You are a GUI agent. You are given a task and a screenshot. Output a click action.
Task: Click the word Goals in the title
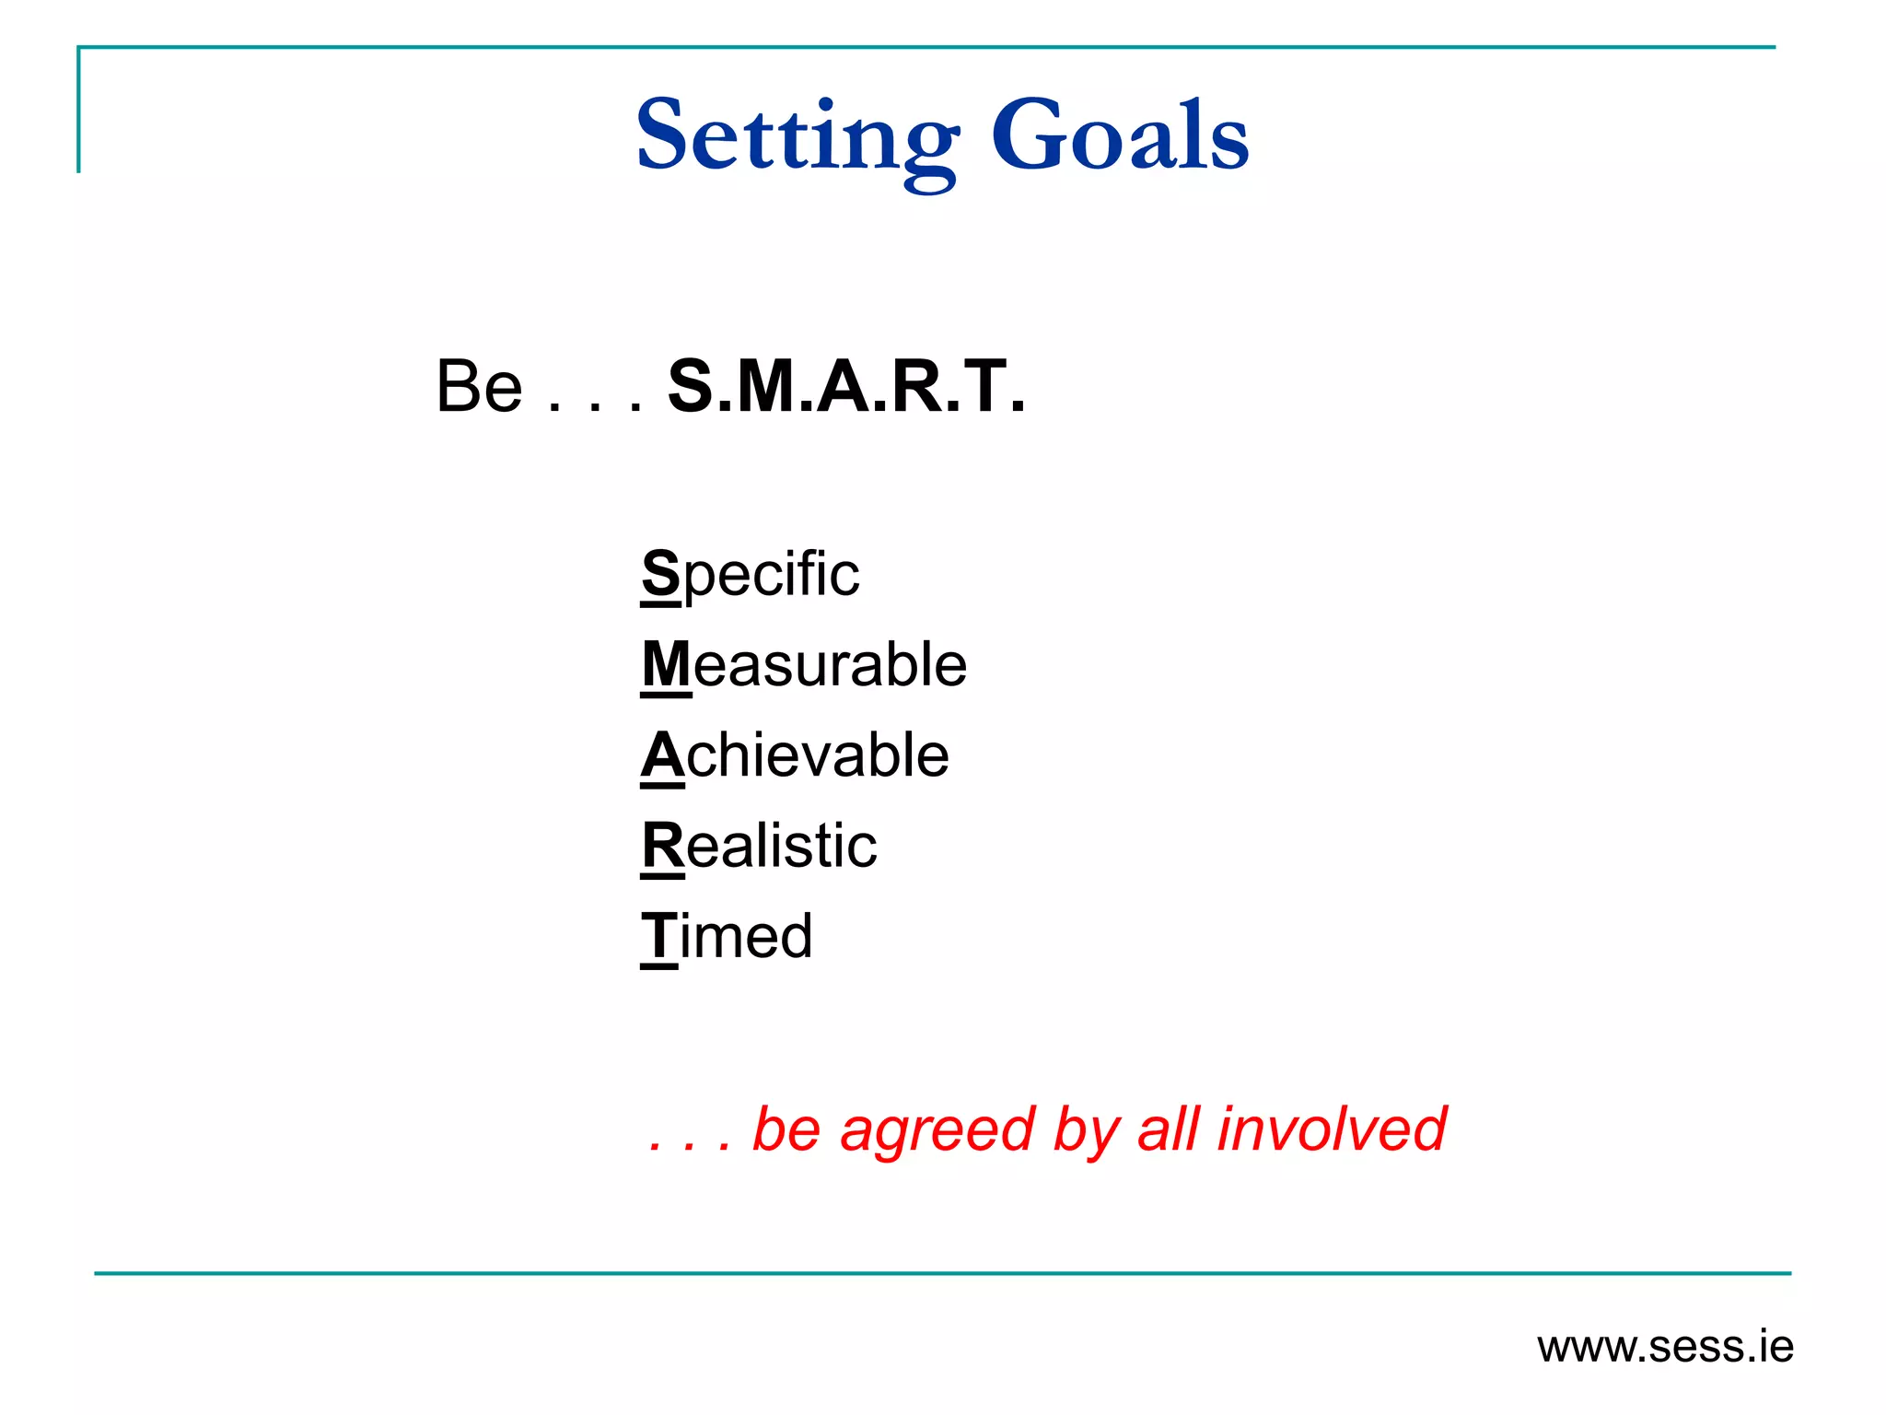point(1120,136)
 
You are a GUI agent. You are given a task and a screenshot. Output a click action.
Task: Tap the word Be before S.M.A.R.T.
point(479,387)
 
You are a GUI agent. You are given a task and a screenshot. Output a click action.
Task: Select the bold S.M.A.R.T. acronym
point(845,387)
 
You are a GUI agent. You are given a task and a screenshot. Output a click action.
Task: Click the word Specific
point(751,575)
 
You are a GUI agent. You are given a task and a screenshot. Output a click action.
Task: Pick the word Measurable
point(804,664)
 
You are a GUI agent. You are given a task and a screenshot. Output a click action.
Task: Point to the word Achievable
point(795,755)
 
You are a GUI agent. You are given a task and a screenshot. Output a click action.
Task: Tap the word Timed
point(727,936)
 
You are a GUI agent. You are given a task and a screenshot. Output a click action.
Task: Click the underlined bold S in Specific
point(661,573)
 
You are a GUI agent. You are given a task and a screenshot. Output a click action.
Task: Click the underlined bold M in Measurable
point(666,664)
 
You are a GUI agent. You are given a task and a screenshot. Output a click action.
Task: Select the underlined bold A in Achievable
point(663,755)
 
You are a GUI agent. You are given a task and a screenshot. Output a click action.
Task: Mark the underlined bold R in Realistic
point(663,846)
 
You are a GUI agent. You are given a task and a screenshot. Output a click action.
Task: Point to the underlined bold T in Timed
point(659,936)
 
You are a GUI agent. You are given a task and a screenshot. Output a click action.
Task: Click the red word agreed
point(937,1131)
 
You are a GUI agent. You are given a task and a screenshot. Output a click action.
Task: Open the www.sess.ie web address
point(1665,1348)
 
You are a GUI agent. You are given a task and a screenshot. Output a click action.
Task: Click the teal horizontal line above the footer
point(943,1273)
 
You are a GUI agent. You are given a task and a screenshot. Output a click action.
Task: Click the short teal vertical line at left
point(79,111)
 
